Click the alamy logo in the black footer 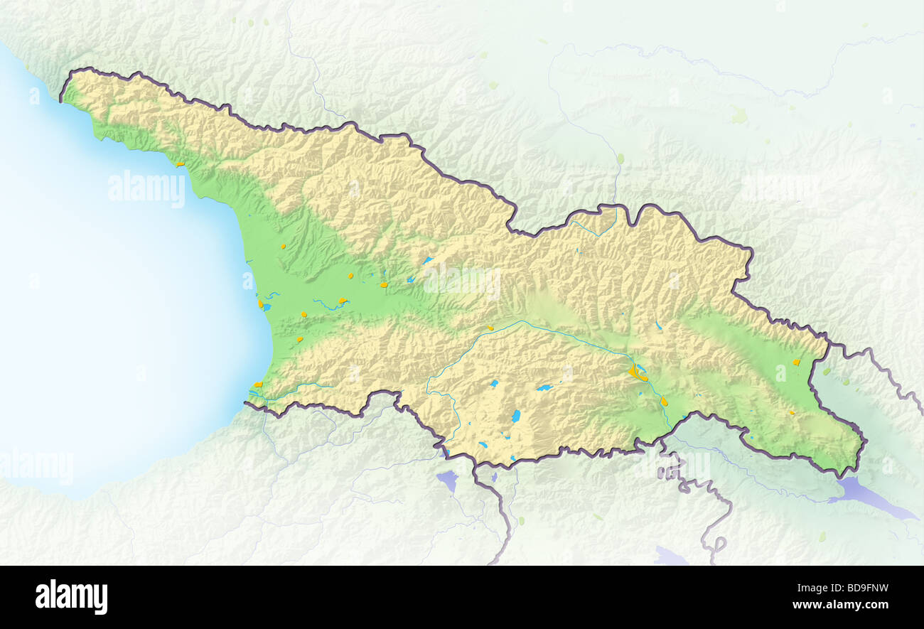point(71,596)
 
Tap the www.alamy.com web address point(840,605)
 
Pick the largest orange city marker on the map point(633,372)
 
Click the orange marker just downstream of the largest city point(664,402)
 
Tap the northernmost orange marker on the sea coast point(180,164)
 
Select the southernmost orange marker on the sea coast point(258,385)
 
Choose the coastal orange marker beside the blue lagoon point(261,304)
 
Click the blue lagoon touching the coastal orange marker point(267,307)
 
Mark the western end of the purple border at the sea point(246,403)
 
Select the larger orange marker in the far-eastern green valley point(796,362)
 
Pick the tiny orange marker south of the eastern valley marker point(792,412)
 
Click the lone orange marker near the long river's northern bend point(490,328)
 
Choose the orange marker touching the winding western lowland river point(343,301)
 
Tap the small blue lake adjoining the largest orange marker point(641,368)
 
